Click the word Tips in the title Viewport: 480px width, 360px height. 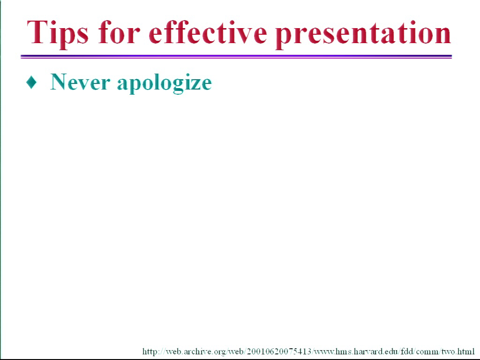58,33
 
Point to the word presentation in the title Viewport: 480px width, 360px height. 363,34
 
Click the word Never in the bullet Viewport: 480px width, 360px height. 80,82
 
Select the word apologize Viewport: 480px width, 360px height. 165,83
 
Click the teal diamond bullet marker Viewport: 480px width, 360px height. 31,82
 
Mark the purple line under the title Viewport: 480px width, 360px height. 236,56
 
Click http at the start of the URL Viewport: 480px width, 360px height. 150,352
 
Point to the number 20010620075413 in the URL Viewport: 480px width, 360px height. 279,351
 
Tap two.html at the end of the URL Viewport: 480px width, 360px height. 457,351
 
